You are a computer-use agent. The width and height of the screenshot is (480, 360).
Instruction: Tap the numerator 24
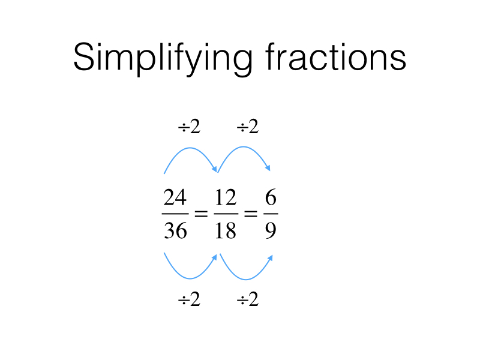pyautogui.click(x=175, y=197)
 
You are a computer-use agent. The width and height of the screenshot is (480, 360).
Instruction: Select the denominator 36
pyautogui.click(x=175, y=230)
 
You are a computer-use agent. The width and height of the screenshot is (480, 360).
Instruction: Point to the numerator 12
pyautogui.click(x=226, y=197)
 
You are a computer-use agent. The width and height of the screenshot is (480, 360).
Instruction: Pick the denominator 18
pyautogui.click(x=226, y=230)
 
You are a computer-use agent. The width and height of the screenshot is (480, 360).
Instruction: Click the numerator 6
pyautogui.click(x=271, y=197)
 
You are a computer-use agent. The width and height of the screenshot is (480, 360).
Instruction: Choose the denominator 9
pyautogui.click(x=271, y=230)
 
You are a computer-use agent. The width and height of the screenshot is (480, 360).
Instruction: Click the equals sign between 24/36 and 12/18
pyautogui.click(x=200, y=214)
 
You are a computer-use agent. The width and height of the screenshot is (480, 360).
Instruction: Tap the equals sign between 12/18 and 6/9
pyautogui.click(x=250, y=214)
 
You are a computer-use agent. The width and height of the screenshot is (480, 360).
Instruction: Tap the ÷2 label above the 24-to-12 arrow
pyautogui.click(x=189, y=127)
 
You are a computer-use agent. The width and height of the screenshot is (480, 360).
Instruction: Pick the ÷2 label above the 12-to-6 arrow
pyautogui.click(x=247, y=127)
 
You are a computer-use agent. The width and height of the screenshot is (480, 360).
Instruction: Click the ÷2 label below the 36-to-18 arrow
pyautogui.click(x=189, y=299)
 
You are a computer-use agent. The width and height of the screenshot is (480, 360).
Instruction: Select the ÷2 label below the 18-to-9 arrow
pyautogui.click(x=247, y=299)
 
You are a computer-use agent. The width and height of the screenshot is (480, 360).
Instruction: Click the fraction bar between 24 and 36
pyautogui.click(x=175, y=214)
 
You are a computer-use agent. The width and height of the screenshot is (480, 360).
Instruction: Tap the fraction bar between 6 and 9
pyautogui.click(x=271, y=214)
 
